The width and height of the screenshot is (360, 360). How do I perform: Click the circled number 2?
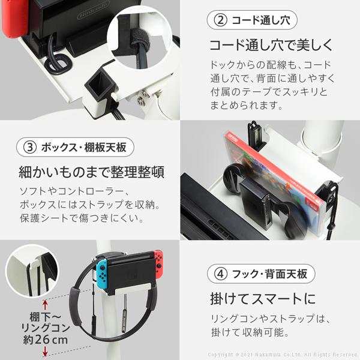click(220, 20)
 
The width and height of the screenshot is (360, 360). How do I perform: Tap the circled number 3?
click(30, 148)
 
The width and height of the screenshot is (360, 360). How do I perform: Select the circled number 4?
click(220, 274)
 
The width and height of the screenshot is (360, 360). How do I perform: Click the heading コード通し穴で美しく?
click(271, 45)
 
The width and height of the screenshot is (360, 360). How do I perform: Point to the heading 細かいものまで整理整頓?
click(92, 172)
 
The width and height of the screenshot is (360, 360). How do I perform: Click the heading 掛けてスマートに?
click(263, 299)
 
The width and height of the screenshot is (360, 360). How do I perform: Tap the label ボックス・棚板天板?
click(83, 148)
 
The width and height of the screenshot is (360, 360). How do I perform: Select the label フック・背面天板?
click(269, 274)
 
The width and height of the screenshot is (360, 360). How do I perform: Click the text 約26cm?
click(45, 340)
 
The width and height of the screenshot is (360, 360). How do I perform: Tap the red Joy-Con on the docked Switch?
click(158, 263)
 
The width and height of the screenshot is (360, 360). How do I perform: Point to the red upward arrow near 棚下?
click(45, 305)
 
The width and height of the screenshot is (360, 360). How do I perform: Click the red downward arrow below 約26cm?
click(45, 352)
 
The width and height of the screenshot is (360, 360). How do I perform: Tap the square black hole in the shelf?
click(100, 85)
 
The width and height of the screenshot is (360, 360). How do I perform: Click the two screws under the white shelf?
click(142, 97)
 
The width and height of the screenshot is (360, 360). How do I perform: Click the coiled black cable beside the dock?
click(57, 60)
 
